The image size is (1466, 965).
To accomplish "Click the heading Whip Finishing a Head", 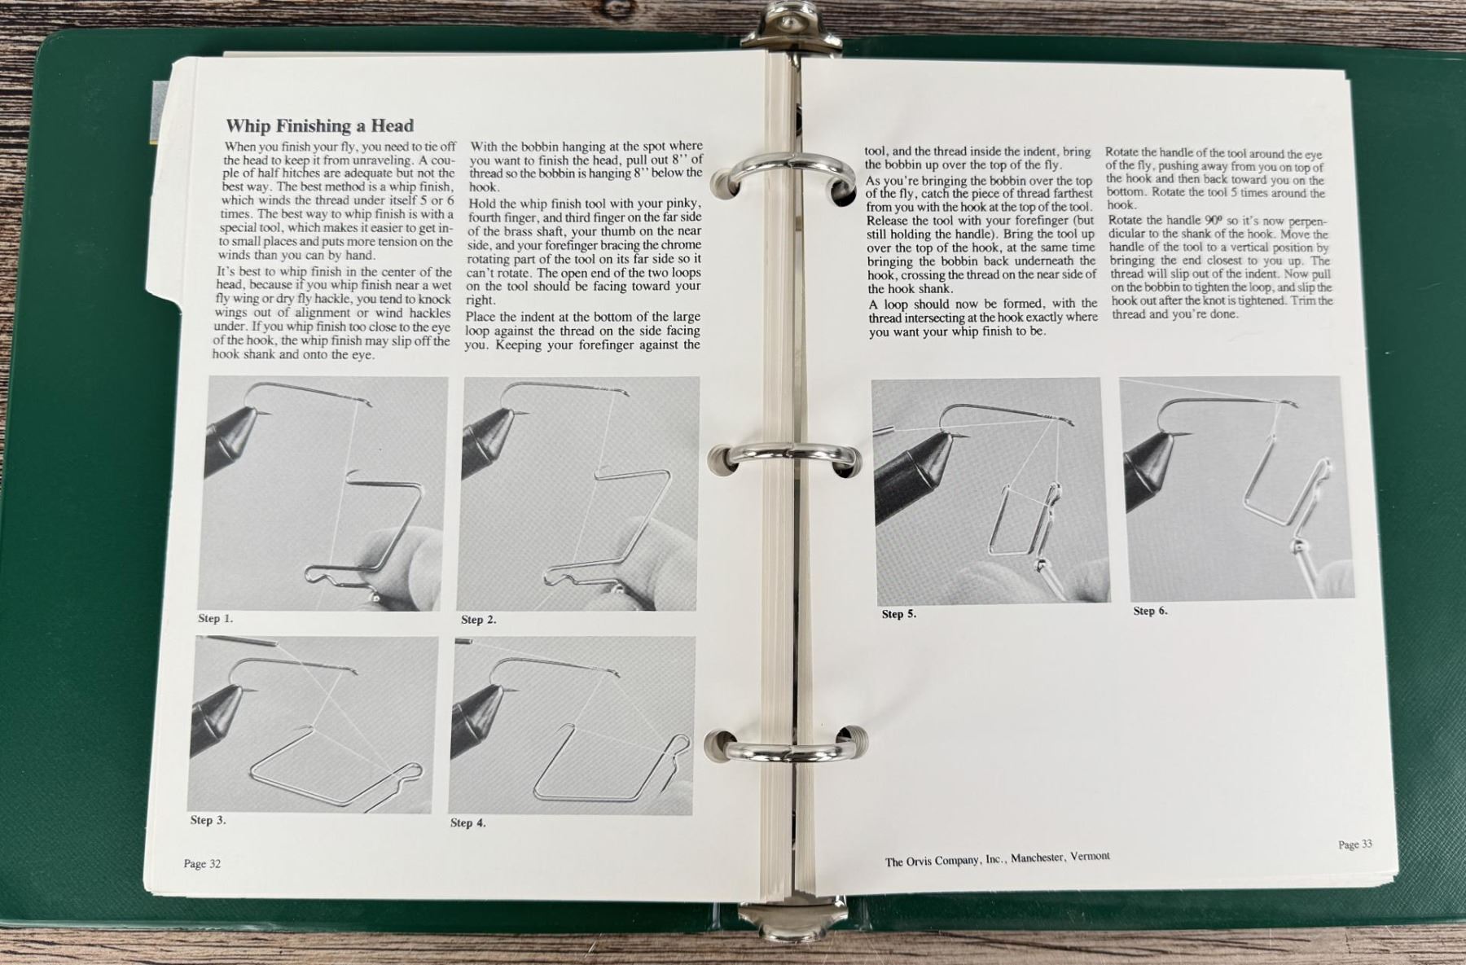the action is coord(319,125).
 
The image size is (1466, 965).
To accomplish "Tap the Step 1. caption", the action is coord(215,619).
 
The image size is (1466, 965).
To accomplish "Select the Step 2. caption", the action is coord(478,620).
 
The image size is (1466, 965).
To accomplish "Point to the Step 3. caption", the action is coord(208,820).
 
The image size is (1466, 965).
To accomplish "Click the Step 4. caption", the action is coord(467,822).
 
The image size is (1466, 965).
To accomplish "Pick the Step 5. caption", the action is coord(898,614).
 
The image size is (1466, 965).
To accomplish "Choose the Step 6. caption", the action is coord(1150,611).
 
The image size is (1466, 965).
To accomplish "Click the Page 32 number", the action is coord(202,864).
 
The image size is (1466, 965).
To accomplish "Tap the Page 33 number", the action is coord(1355,844).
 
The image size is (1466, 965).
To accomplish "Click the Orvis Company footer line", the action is coord(997,859).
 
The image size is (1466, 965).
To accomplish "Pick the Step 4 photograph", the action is coord(572,726).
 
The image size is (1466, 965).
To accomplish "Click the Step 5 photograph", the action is coord(990,490).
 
